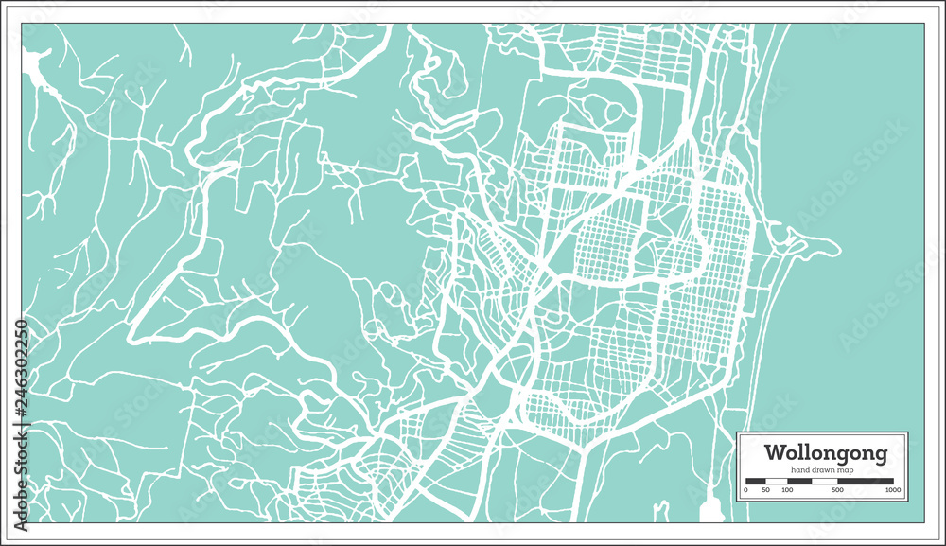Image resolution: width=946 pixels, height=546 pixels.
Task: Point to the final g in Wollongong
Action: click(x=881, y=455)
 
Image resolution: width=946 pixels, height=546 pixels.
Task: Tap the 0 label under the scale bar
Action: click(x=746, y=490)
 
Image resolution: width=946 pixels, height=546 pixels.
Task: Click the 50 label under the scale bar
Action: click(x=766, y=490)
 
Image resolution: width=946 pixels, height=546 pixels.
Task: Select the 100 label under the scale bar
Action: click(x=788, y=490)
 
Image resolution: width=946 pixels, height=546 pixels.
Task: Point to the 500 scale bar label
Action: click(x=838, y=490)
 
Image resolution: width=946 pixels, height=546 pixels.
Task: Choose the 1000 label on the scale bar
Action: click(x=892, y=490)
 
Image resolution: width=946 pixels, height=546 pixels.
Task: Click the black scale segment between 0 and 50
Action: click(x=756, y=481)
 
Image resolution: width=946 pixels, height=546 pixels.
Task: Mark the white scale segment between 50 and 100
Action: click(x=777, y=481)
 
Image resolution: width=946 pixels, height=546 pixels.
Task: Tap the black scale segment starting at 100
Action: click(x=798, y=481)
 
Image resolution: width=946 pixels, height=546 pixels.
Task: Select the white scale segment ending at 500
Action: click(x=824, y=481)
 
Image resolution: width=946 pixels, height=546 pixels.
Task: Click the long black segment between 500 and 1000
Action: click(x=866, y=481)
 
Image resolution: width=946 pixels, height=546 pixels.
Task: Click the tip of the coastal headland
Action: click(x=836, y=249)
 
